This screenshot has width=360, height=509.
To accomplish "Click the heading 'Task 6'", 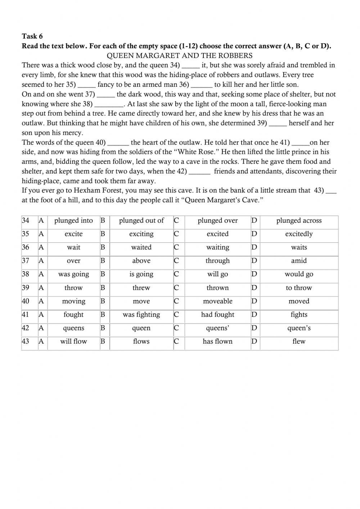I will coord(32,36).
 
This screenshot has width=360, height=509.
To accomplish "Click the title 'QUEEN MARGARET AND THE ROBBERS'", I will coord(180,55).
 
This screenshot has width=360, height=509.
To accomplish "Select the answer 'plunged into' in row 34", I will coord(73,220).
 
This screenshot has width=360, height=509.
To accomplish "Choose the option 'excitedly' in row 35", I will coord(299,234).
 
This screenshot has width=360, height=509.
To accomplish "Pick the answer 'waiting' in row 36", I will coord(217,247).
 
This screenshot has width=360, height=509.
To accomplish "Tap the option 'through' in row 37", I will coord(217,260).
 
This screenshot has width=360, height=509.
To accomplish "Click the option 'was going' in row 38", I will coord(73,274).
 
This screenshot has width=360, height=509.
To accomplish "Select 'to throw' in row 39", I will coord(299,287).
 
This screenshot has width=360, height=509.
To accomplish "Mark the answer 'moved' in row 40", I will coord(299,301).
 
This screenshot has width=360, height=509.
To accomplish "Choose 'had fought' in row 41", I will coord(217,314).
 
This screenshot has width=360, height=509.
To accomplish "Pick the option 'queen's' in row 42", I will coord(299,328).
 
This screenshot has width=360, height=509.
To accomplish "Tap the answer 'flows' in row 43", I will coord(141,341).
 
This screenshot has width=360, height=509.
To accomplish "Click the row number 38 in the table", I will coord(26,274).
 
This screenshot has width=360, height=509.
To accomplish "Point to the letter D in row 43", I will coord(254,341).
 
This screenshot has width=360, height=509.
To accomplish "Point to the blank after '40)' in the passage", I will coord(118,143).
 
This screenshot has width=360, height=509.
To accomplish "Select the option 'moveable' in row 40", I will coord(217,301).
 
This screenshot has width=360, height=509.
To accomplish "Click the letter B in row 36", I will coord(103,247).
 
